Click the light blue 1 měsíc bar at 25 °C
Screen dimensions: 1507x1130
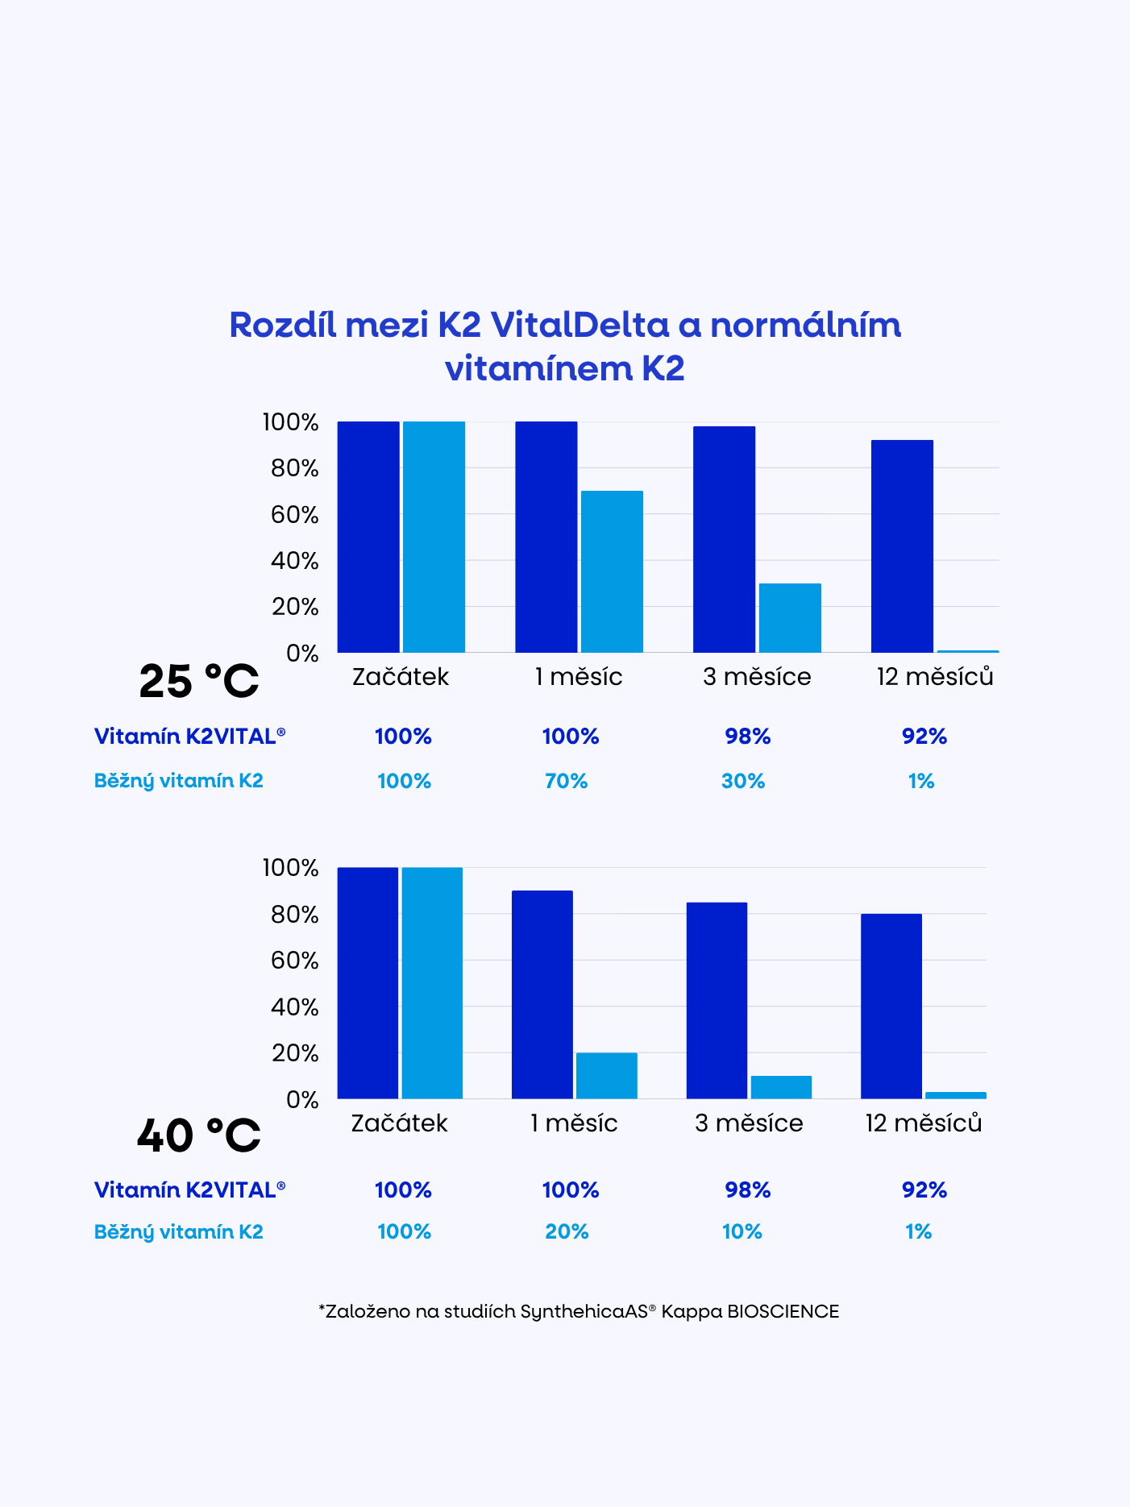612,571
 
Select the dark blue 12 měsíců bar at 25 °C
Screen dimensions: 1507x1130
902,546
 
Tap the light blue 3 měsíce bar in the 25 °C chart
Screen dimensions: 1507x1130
790,617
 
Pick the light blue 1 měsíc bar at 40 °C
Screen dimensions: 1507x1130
606,1075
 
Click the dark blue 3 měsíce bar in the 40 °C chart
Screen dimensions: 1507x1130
717,1000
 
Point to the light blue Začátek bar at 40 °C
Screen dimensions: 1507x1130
432,982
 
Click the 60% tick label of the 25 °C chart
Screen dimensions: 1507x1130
295,514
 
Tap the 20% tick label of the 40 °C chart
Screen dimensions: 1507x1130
295,1053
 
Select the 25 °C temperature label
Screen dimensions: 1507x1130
198,682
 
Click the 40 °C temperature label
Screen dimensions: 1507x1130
198,1136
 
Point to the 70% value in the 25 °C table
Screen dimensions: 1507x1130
567,781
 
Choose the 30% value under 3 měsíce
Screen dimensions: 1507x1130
743,781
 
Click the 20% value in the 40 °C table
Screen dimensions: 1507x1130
567,1231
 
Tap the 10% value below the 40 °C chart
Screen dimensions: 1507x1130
742,1231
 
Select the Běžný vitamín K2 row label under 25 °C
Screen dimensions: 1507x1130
179,781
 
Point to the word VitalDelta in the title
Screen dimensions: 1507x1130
580,325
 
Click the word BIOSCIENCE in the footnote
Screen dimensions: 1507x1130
783,1311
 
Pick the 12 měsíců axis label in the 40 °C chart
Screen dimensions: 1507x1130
924,1123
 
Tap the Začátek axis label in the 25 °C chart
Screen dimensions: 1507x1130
401,676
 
